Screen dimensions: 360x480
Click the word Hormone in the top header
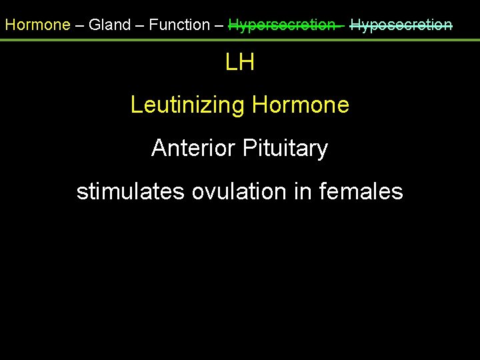point(37,25)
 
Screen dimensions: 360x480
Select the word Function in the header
point(179,25)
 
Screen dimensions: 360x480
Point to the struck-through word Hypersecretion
point(282,25)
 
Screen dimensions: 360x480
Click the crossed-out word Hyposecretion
point(401,25)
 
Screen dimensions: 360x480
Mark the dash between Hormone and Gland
point(79,25)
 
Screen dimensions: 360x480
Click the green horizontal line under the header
point(240,40)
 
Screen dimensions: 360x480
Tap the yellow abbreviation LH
point(240,63)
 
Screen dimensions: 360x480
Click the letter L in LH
point(232,63)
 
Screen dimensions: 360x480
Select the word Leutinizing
point(188,105)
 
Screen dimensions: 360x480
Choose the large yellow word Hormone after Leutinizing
point(301,105)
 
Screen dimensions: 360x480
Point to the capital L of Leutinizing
point(136,105)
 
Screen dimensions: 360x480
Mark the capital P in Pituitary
point(249,148)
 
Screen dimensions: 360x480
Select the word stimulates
point(131,192)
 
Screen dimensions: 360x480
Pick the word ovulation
point(239,192)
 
